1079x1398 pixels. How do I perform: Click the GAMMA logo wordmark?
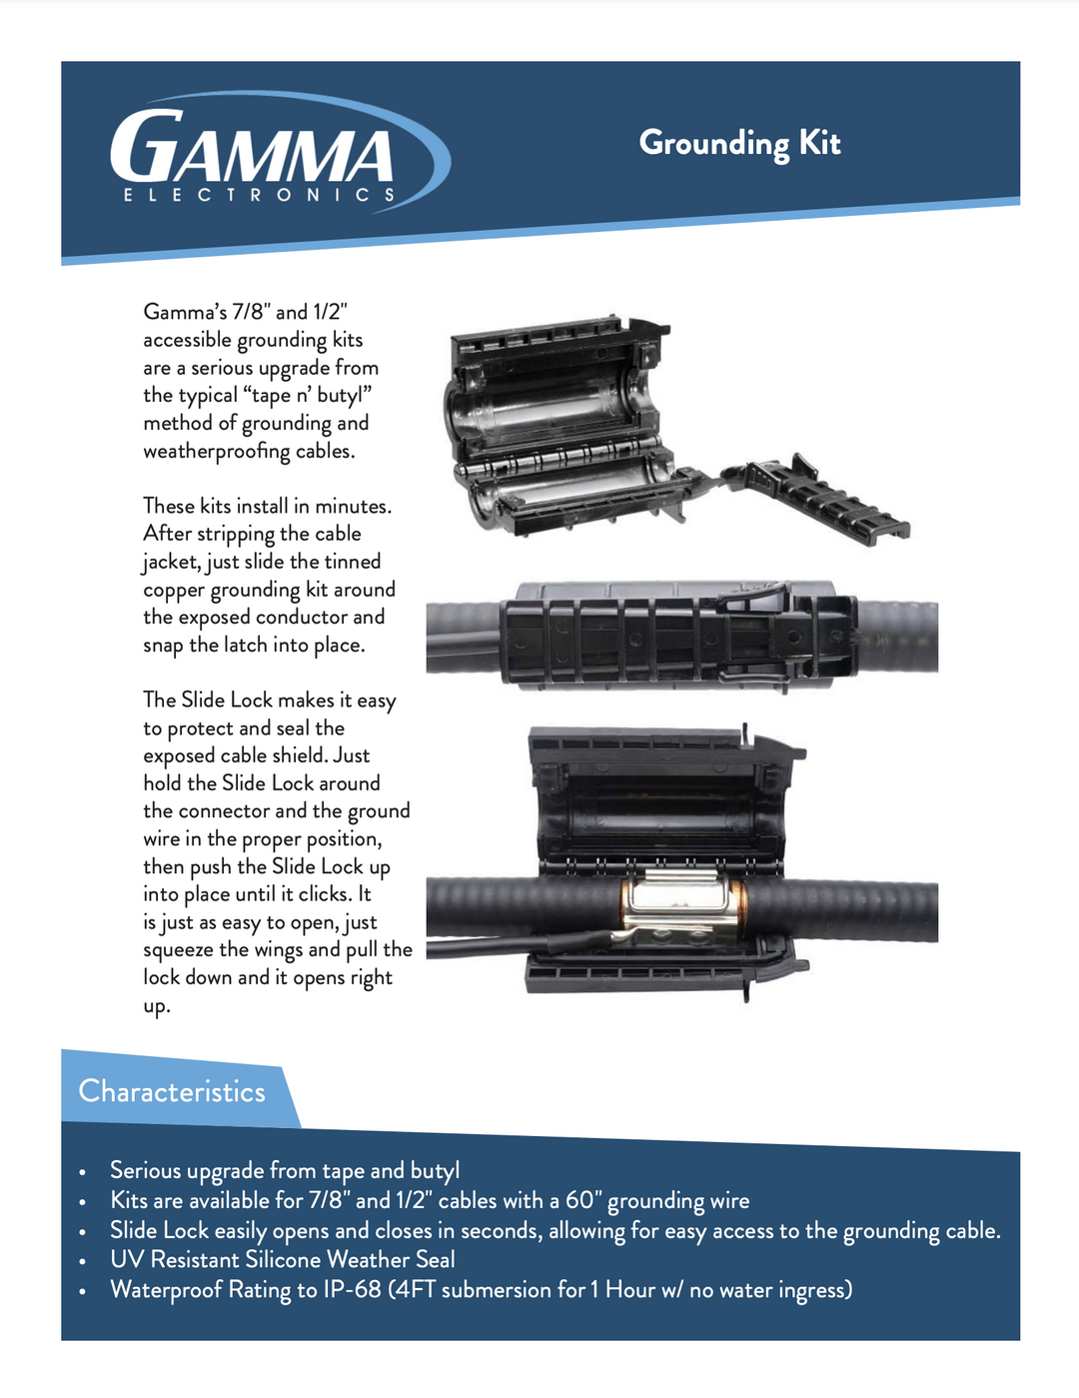pyautogui.click(x=252, y=146)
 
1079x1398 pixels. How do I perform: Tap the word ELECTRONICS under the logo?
pyautogui.click(x=259, y=195)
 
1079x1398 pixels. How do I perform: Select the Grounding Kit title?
pyautogui.click(x=739, y=144)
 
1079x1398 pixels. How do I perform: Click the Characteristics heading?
pyautogui.click(x=172, y=1091)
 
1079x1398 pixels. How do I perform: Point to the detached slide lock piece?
pyautogui.click(x=815, y=499)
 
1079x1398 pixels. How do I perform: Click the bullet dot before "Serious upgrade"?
pyautogui.click(x=82, y=1172)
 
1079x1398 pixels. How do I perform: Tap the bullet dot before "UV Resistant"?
pyautogui.click(x=82, y=1262)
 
